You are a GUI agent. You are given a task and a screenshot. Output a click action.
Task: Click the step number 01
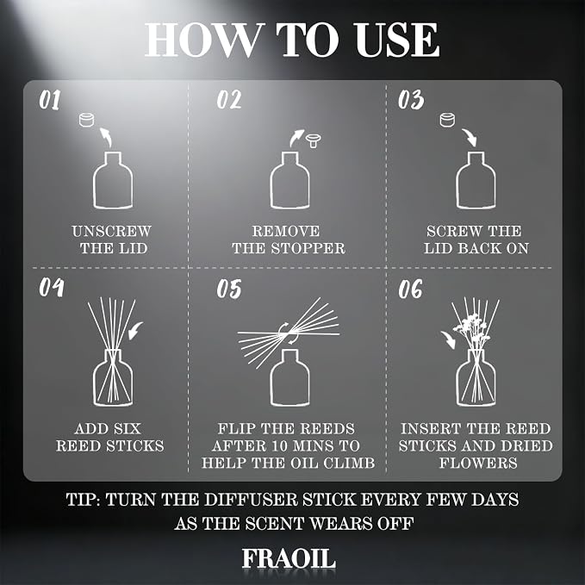[x=50, y=100]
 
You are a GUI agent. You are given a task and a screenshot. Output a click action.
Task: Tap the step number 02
[x=229, y=100]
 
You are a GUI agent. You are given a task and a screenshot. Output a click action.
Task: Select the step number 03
[x=411, y=100]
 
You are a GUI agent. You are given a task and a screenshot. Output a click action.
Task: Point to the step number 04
[x=52, y=287]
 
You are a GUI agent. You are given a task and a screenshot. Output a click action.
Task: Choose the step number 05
[x=229, y=289]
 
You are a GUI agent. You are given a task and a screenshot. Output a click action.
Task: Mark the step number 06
[x=410, y=289]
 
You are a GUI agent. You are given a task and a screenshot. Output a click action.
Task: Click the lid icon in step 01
[x=86, y=120]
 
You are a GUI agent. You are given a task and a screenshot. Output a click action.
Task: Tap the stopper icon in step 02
[x=314, y=140]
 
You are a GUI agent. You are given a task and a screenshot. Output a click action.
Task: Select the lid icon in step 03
[x=447, y=120]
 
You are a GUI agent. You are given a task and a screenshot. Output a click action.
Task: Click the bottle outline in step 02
[x=289, y=180]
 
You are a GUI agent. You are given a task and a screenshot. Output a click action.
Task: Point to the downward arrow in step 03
[x=470, y=137]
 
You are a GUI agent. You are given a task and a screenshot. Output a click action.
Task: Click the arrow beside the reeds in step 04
[x=135, y=331]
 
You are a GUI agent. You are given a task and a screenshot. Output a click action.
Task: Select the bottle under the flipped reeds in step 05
[x=289, y=377]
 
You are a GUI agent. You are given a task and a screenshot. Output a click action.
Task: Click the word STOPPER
[x=308, y=248]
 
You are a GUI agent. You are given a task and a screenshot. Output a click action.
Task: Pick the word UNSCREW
[x=111, y=231]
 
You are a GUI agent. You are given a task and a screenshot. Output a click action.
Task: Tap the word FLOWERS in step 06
[x=478, y=463]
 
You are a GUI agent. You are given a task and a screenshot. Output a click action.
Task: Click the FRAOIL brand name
[x=289, y=558]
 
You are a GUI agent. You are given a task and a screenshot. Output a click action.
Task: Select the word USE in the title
[x=397, y=40]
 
